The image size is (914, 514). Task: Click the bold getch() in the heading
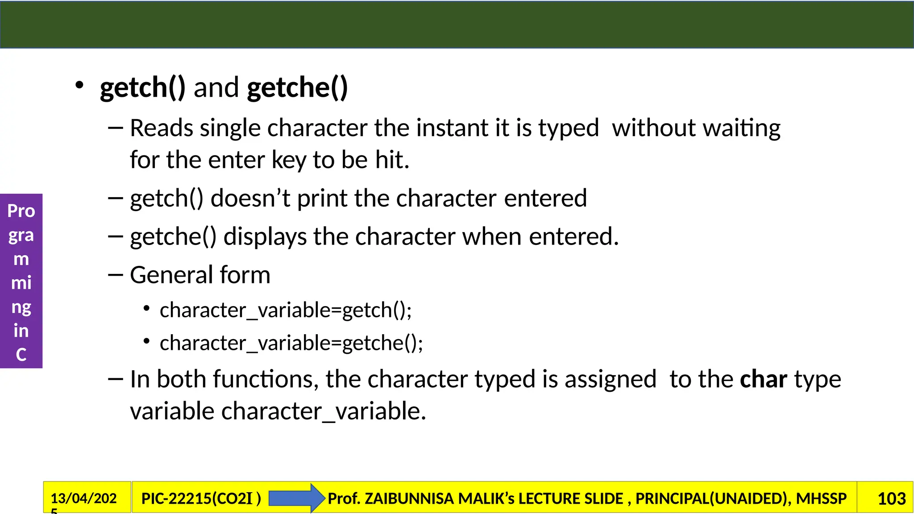142,87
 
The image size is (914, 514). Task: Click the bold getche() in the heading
297,87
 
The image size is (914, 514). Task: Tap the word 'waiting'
741,128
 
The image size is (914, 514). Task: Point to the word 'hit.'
392,160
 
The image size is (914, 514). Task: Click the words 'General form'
200,275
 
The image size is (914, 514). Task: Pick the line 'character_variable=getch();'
286,310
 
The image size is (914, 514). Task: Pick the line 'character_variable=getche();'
291,343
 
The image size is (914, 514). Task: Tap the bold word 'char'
763,379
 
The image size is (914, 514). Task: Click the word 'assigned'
611,379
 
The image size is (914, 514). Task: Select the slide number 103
891,498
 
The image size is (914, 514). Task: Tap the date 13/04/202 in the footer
84,498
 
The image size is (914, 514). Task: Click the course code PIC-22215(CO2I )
201,498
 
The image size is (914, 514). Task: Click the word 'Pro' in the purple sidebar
21,211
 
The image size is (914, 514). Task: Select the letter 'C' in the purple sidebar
21,355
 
